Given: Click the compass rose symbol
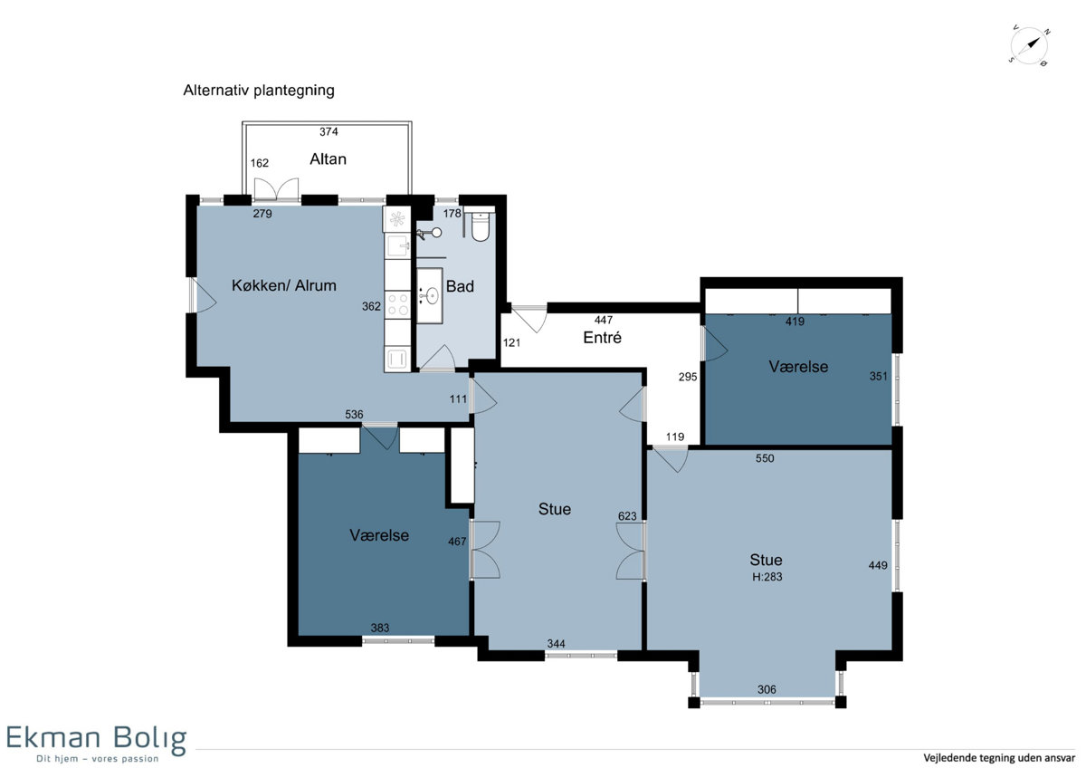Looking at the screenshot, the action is [1029, 46].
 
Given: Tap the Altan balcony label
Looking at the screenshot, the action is [328, 159].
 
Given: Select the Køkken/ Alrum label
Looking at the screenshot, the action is [283, 285].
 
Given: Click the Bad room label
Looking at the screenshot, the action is [460, 286].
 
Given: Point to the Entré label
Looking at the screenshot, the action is [602, 337].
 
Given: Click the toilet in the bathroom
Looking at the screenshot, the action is [481, 226].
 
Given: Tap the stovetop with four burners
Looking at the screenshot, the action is [397, 304].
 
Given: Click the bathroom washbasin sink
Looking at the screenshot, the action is [431, 295].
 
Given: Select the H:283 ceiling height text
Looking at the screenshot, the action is [767, 576].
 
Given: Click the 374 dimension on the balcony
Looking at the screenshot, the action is [329, 131].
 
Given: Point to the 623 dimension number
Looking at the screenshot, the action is [627, 515].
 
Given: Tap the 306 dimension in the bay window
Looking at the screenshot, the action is [767, 689].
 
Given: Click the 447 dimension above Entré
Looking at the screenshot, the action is [604, 319].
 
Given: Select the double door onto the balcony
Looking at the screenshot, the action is [276, 189].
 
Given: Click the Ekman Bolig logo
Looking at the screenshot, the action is [96, 743].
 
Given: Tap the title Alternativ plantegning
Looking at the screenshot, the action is [259, 91].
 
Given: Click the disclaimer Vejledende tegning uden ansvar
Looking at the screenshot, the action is [999, 758].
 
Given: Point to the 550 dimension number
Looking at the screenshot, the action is [765, 458].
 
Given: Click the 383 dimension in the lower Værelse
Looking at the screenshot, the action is [379, 628].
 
